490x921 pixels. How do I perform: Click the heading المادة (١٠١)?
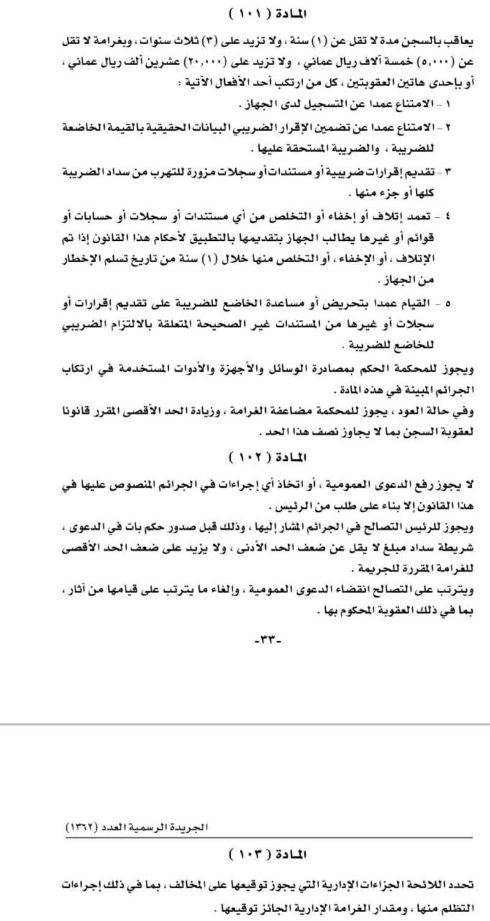coord(267,13)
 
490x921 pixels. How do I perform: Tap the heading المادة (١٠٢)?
coord(267,458)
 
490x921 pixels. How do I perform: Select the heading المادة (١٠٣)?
coord(267,854)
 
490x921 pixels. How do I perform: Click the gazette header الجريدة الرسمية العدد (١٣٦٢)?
coord(137,827)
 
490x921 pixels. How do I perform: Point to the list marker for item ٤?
coord(451,216)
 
